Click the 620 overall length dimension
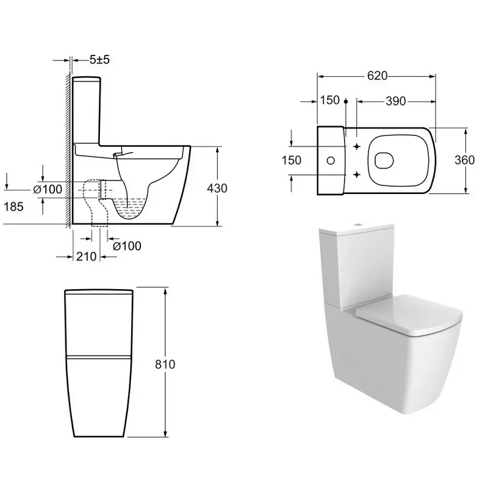coord(377,76)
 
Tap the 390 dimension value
coord(395,101)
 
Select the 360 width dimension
coord(465,160)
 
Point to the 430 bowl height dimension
coord(217,188)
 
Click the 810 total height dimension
coord(165,364)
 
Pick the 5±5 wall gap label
coord(99,59)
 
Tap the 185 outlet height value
coord(13,207)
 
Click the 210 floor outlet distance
coord(86,257)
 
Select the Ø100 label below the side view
coord(127,246)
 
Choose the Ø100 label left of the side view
coord(48,189)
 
